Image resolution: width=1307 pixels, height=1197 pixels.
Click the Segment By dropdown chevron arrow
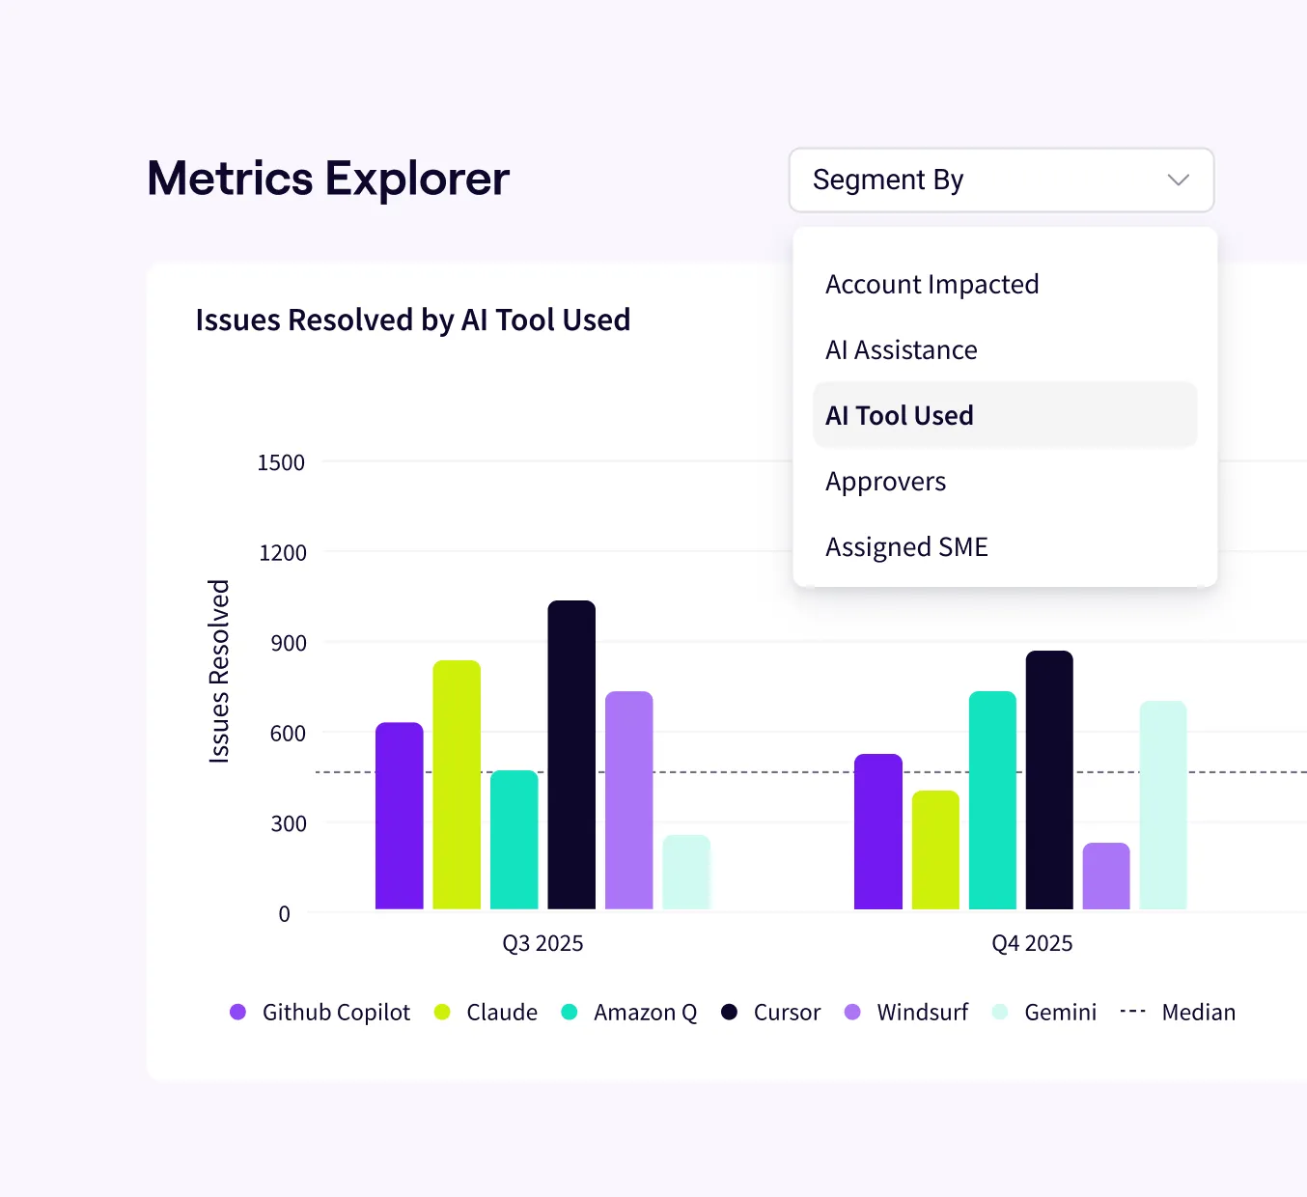coord(1178,181)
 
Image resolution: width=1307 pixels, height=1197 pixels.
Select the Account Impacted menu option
coord(932,285)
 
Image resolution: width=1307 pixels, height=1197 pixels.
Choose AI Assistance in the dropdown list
coord(901,350)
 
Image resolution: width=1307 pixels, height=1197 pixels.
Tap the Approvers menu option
coord(885,482)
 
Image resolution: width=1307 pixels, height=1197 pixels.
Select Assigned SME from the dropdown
coord(906,547)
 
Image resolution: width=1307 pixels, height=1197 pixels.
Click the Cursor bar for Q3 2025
coord(571,755)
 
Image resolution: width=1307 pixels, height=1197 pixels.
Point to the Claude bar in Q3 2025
coord(457,785)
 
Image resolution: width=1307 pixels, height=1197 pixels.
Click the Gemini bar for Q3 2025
coord(686,873)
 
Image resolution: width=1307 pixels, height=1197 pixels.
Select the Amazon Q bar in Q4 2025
coord(992,800)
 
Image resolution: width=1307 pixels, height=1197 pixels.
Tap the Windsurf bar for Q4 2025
coord(1106,877)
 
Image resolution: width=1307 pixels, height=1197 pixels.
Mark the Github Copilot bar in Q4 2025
coord(878,832)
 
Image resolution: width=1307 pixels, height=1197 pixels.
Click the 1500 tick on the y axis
coord(281,463)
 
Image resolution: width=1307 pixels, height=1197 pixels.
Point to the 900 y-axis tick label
coord(289,644)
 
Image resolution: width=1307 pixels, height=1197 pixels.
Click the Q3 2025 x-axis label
coord(542,944)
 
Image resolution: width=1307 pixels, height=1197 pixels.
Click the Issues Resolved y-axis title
coord(220,672)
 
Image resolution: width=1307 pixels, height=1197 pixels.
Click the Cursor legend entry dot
coord(730,1012)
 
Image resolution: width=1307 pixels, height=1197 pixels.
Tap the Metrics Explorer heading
coord(328,180)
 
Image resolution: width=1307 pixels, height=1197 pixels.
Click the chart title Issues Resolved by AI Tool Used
coord(412,320)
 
